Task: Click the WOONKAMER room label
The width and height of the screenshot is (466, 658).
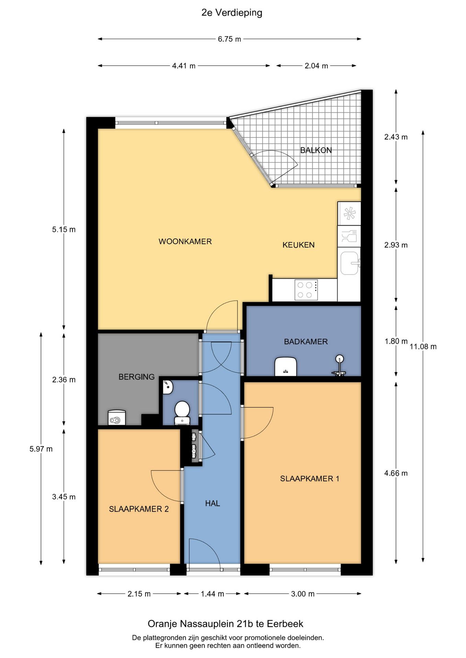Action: tap(185, 241)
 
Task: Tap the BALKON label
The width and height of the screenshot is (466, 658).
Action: tap(316, 150)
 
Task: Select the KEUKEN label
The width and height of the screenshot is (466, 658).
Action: tap(298, 245)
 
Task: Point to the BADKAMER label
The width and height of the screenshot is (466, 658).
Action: tap(306, 341)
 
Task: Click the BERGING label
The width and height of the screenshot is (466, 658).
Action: tap(137, 377)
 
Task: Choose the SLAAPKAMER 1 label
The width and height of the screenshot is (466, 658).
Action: tap(310, 478)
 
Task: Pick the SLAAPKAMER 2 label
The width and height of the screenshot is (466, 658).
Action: tap(139, 509)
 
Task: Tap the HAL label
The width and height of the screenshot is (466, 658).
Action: tap(212, 503)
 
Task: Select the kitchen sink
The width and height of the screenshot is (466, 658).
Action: tap(349, 263)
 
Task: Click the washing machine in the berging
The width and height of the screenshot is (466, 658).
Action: tap(117, 417)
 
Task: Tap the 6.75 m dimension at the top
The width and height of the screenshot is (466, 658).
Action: tap(229, 39)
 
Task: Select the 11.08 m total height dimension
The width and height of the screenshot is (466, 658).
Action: tap(423, 346)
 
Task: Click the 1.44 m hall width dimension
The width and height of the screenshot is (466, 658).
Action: tap(212, 594)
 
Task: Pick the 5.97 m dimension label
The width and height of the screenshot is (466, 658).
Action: tap(41, 449)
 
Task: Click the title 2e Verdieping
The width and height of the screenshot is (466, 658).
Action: tap(232, 13)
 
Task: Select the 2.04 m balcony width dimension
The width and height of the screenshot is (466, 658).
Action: tap(316, 65)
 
